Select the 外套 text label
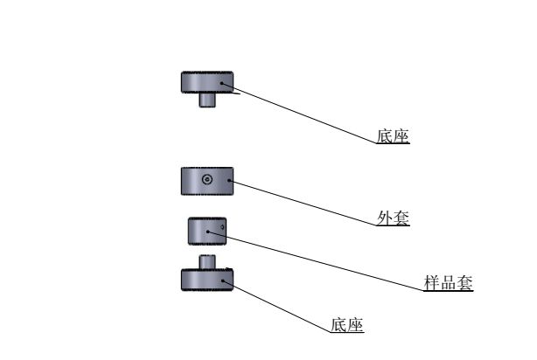click(x=393, y=218)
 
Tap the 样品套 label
click(x=448, y=283)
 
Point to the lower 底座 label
click(x=347, y=325)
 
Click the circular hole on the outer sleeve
click(x=206, y=180)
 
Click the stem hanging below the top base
click(x=207, y=100)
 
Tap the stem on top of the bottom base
click(x=207, y=261)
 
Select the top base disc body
click(x=197, y=82)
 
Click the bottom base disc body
click(x=197, y=280)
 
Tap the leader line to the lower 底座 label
click(x=280, y=307)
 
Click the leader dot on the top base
click(x=224, y=84)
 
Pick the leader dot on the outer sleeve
click(x=230, y=181)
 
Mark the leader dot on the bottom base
click(x=224, y=280)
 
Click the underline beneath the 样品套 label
click(x=448, y=291)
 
